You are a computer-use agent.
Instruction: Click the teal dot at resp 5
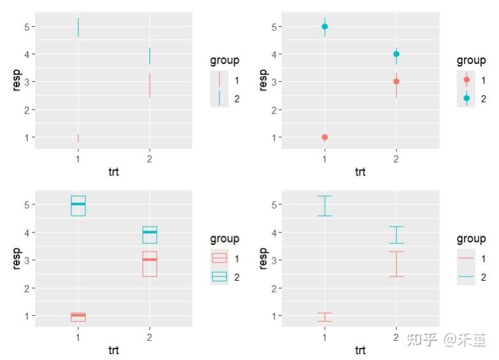tap(325, 26)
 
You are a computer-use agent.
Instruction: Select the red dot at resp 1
tap(325, 137)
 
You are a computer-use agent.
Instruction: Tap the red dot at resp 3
tap(396, 82)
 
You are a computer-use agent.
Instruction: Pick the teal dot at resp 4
tap(396, 54)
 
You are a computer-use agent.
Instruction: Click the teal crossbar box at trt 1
tap(78, 206)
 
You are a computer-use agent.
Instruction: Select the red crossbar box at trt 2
tap(149, 264)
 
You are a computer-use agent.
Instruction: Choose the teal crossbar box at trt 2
tap(149, 235)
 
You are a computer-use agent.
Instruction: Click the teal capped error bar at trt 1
tap(325, 206)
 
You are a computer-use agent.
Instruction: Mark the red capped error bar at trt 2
tap(396, 264)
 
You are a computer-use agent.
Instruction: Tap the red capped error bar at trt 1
tap(325, 317)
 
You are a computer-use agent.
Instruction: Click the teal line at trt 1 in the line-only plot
tap(78, 27)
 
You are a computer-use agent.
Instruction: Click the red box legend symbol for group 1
tap(220, 259)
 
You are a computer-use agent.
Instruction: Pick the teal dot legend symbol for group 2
tap(466, 98)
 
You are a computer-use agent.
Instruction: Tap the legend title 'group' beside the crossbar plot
tap(225, 239)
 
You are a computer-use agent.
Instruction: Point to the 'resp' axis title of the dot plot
tap(263, 81)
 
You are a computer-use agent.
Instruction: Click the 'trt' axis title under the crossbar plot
tap(114, 350)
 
